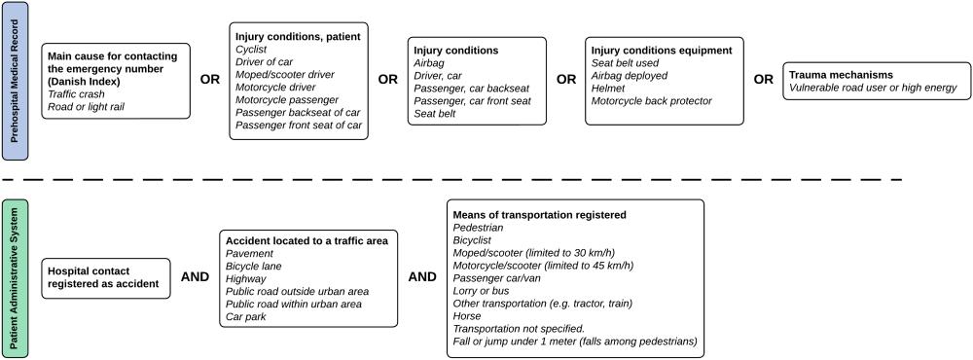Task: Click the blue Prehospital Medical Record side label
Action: point(15,81)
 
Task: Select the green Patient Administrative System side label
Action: point(15,276)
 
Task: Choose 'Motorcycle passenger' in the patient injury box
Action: point(286,99)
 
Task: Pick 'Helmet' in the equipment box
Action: point(609,87)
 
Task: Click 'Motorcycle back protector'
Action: point(655,99)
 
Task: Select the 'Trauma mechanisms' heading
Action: point(841,74)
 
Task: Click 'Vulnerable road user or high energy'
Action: point(873,88)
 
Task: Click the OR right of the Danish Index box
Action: point(209,80)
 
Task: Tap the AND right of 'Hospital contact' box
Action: point(195,276)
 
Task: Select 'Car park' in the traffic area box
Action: point(247,315)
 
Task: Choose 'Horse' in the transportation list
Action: point(467,316)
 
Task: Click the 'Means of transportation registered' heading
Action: point(539,214)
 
